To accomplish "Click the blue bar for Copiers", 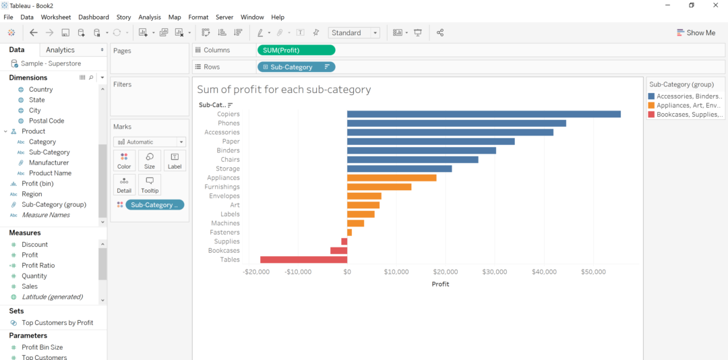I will [x=483, y=114].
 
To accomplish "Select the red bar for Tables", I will [x=303, y=260].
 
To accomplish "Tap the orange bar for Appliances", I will [x=392, y=178].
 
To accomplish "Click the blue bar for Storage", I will [x=399, y=169].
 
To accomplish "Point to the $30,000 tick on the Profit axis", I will [x=495, y=272].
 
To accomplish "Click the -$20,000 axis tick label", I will [x=256, y=272].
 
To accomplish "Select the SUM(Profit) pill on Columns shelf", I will [x=296, y=50].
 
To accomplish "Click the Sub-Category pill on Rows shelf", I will [x=296, y=67].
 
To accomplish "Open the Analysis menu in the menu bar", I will [x=150, y=17].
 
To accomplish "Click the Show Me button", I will [x=696, y=32].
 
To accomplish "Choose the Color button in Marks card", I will [x=124, y=160].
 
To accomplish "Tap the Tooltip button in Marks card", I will [x=150, y=184].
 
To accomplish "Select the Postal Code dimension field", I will [x=47, y=121].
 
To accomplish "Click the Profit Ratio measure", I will [x=38, y=266].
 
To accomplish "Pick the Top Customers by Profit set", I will [x=57, y=323].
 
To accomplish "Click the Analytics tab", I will [x=60, y=50].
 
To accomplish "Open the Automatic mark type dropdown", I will [x=150, y=142].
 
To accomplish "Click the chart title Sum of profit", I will [x=284, y=90].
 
